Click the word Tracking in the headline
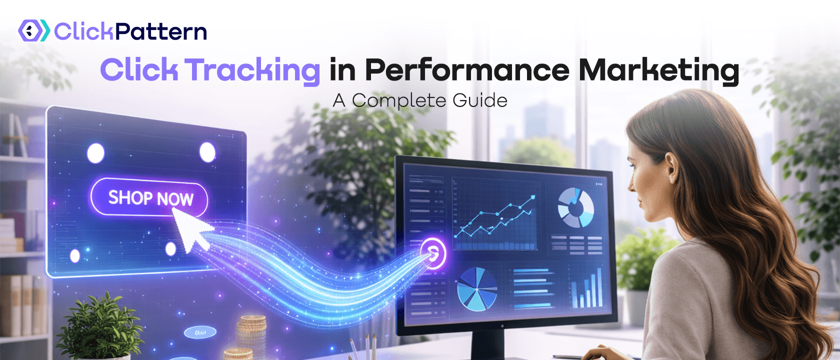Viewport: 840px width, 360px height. point(253,70)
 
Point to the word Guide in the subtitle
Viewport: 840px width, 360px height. point(479,100)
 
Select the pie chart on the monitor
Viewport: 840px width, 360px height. point(477,288)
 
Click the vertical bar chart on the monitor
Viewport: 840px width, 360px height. point(587,288)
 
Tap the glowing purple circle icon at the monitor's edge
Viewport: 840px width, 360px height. point(433,253)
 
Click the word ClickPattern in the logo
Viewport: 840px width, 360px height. point(130,31)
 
